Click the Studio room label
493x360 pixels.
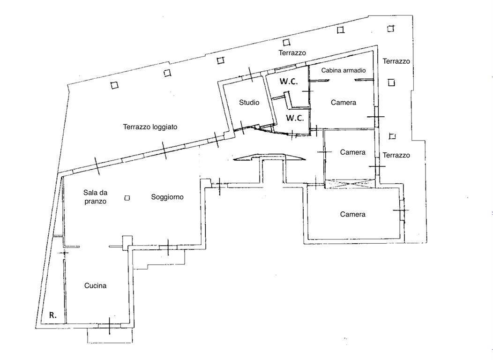coord(249,103)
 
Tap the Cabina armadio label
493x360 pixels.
coord(344,70)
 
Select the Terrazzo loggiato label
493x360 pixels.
coord(150,127)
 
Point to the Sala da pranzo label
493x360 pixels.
coord(95,197)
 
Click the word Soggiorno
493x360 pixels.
coord(167,197)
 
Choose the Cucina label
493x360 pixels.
coord(95,286)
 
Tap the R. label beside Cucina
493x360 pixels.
coord(53,315)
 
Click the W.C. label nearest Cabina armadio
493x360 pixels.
coord(289,82)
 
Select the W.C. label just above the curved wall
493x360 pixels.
coord(295,118)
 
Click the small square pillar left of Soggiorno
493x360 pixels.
coord(127,198)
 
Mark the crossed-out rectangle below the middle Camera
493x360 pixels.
coord(349,184)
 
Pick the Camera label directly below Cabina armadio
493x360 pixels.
coord(344,103)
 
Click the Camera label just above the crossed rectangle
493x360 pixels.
coord(353,152)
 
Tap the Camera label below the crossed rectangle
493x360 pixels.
coord(353,214)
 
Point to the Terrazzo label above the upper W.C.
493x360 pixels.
coord(292,53)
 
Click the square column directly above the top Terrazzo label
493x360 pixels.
coord(286,42)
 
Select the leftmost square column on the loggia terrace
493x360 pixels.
coord(114,85)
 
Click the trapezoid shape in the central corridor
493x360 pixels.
coord(269,157)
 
